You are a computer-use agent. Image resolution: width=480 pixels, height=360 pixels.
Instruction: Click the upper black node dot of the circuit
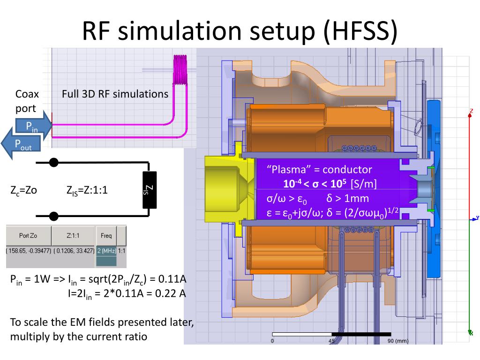[54, 163]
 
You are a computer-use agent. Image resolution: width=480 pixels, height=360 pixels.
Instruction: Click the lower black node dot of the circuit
[54, 216]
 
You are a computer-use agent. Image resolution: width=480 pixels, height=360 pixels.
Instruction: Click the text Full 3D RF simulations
[115, 94]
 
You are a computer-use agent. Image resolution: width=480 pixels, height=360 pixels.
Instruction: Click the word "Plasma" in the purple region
[286, 170]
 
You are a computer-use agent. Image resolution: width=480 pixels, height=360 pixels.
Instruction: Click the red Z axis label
[471, 111]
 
